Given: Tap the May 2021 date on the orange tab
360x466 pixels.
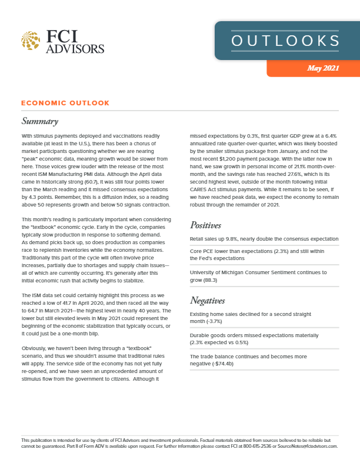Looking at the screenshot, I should pyautogui.click(x=323, y=68).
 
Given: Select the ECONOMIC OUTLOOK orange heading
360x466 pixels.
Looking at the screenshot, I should pyautogui.click(x=65, y=103).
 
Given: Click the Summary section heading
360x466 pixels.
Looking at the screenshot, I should pyautogui.click(x=39, y=122).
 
